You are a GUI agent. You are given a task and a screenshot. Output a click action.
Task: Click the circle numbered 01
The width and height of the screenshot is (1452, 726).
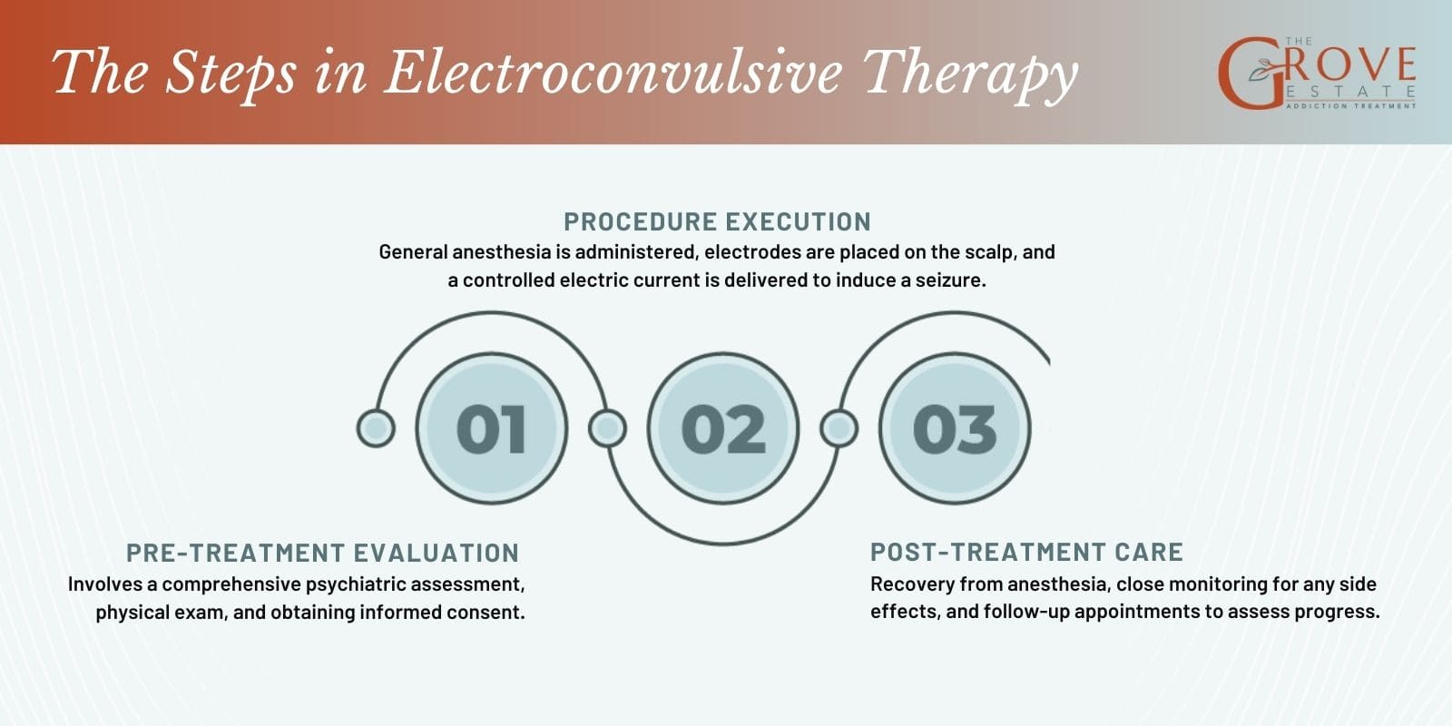click(x=491, y=428)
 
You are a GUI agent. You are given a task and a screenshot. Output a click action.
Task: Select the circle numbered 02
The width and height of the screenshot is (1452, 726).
click(x=723, y=428)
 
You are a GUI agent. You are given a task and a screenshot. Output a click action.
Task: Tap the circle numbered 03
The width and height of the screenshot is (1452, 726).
click(x=955, y=428)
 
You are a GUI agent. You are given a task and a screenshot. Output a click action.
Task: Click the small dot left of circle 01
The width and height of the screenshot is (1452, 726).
click(x=376, y=428)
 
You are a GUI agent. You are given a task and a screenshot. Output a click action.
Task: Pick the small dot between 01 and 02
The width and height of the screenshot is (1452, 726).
click(x=607, y=428)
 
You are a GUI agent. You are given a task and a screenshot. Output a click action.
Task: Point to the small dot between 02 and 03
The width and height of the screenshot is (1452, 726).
click(x=839, y=428)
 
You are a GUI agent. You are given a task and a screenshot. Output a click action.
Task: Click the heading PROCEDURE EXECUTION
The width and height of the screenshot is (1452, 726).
click(x=717, y=221)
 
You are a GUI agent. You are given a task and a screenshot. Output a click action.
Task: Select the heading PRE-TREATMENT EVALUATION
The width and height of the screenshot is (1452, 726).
click(x=322, y=553)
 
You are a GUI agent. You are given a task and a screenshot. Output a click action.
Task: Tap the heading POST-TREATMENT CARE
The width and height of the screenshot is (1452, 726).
click(x=1026, y=552)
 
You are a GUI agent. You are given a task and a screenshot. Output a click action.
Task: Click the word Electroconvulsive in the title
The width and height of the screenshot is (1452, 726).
click(x=613, y=73)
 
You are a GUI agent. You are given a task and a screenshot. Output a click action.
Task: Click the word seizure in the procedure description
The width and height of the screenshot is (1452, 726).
click(x=948, y=280)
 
